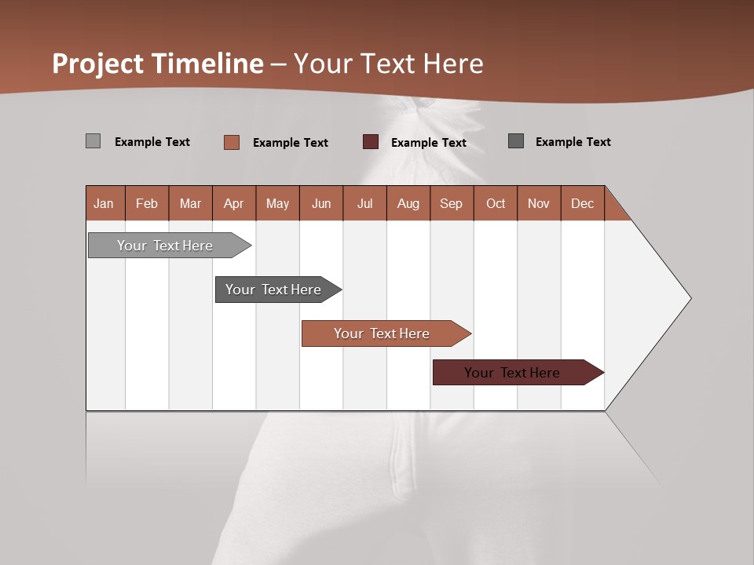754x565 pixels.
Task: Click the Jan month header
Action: [104, 203]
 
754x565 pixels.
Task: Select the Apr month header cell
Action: [234, 203]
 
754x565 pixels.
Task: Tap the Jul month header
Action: [364, 203]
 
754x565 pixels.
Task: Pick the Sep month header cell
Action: [452, 203]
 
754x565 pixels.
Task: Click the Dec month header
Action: [582, 203]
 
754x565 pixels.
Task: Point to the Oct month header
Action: [496, 203]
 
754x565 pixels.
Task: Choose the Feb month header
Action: [147, 203]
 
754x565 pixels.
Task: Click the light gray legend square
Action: [93, 141]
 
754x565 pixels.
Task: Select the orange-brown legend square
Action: [232, 142]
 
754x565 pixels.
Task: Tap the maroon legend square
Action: [371, 142]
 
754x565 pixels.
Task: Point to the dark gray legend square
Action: [516, 141]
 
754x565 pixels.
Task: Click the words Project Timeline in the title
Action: [158, 64]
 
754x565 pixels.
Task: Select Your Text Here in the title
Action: [389, 64]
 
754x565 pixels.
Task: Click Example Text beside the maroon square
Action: [429, 143]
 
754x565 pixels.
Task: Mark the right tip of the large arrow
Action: [690, 298]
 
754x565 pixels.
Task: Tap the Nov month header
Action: [539, 203]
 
